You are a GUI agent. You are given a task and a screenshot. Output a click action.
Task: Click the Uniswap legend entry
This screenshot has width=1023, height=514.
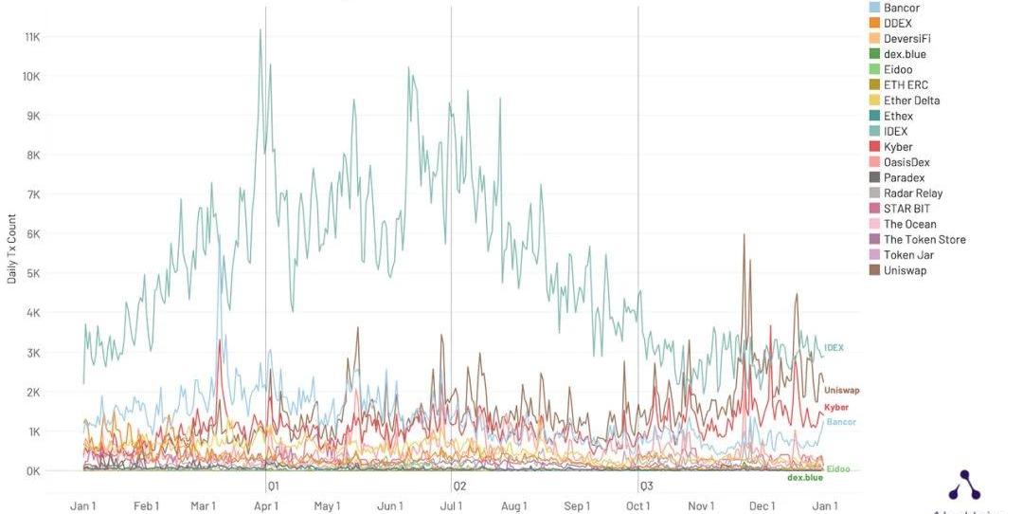tap(905, 271)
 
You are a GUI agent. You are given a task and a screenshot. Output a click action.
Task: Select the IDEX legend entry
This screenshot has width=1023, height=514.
tap(895, 132)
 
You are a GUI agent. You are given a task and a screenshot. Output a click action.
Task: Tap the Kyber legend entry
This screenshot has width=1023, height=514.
tap(898, 147)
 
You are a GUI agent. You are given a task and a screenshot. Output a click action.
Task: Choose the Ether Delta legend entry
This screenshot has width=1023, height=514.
tap(911, 101)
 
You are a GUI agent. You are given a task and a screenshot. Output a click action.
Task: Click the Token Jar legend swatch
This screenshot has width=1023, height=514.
tap(873, 255)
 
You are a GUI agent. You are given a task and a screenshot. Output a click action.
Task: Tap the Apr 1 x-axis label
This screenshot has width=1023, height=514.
tap(265, 506)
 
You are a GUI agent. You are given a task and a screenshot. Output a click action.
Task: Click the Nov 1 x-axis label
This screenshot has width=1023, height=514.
tap(701, 506)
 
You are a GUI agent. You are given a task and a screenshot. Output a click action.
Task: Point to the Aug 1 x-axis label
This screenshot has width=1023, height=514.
tap(513, 506)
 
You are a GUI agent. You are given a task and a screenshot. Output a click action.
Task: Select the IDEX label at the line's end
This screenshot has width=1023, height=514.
tap(834, 349)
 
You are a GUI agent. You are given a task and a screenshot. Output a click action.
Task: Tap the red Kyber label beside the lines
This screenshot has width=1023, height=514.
tap(836, 408)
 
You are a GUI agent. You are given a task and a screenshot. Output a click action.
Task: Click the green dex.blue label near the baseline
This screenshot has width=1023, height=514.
tap(805, 478)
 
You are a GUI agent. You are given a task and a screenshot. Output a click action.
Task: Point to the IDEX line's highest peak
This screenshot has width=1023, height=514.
tap(260, 29)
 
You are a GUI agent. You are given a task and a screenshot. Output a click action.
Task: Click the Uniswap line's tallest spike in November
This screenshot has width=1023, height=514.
tap(745, 234)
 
